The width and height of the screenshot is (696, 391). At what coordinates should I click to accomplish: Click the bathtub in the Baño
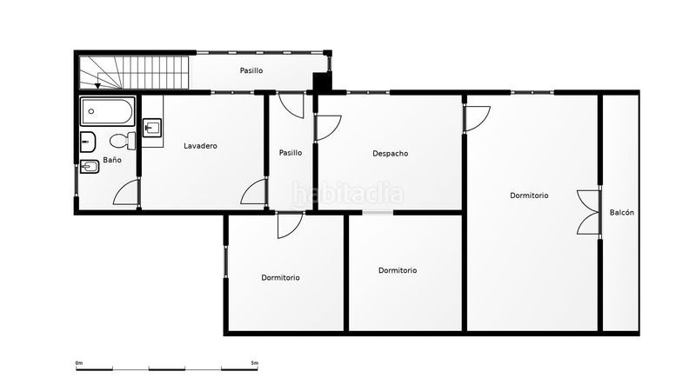pyautogui.click(x=107, y=111)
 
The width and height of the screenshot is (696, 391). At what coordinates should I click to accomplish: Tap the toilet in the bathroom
pyautogui.click(x=123, y=141)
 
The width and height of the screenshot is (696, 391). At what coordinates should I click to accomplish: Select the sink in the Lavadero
pyautogui.click(x=152, y=128)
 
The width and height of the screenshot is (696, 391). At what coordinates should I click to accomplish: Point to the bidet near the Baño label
pyautogui.click(x=90, y=167)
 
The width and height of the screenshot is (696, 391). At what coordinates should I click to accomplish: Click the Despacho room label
pyautogui.click(x=390, y=154)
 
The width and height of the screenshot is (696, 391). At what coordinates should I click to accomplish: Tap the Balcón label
pyautogui.click(x=621, y=213)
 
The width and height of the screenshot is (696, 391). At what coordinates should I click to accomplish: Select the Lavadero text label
pyautogui.click(x=200, y=146)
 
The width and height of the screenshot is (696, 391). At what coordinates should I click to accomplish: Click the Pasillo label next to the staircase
pyautogui.click(x=251, y=70)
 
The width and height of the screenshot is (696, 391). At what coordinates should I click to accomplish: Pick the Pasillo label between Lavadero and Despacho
pyautogui.click(x=291, y=153)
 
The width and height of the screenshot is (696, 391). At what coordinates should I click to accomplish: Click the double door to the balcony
pyautogui.click(x=589, y=212)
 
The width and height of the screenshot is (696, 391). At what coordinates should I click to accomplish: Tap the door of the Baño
pyautogui.click(x=126, y=192)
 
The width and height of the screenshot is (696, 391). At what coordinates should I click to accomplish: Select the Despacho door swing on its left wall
pyautogui.click(x=328, y=128)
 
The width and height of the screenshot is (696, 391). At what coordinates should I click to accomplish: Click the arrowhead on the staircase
pyautogui.click(x=97, y=86)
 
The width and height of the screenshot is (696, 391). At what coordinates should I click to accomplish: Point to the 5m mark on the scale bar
pyautogui.click(x=254, y=363)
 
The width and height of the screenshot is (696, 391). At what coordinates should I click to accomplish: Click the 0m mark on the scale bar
pyautogui.click(x=79, y=363)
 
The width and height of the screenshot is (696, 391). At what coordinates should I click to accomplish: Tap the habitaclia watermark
pyautogui.click(x=348, y=194)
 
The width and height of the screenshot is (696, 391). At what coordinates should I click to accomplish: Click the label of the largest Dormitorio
pyautogui.click(x=529, y=195)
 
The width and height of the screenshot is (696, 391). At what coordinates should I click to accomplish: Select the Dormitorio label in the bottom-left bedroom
pyautogui.click(x=280, y=278)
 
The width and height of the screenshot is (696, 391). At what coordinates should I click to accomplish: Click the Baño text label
pyautogui.click(x=112, y=160)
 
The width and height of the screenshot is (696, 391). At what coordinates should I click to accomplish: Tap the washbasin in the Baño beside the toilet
pyautogui.click(x=88, y=142)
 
